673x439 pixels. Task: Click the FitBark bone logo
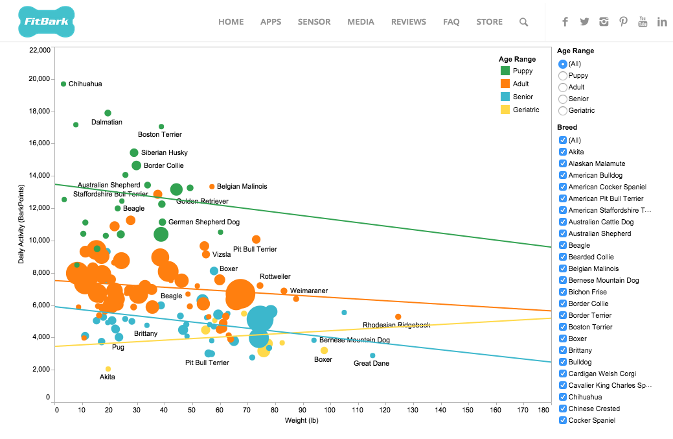(x=47, y=21)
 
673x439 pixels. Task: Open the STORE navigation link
(x=489, y=21)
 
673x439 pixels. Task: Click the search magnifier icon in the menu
(x=523, y=22)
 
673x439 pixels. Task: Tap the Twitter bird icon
(x=584, y=21)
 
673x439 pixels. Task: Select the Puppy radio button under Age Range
(x=563, y=76)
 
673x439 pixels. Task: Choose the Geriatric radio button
(x=563, y=111)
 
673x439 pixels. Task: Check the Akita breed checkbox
(x=562, y=152)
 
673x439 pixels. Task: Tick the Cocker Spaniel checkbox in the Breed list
(x=562, y=421)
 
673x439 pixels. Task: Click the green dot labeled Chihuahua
(x=63, y=84)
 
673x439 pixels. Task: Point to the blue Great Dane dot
(x=372, y=355)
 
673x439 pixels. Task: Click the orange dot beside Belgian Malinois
(x=212, y=187)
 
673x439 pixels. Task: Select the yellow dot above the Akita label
(x=108, y=369)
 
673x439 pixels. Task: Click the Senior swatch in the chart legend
(x=505, y=97)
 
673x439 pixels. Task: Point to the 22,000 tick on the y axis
(x=40, y=49)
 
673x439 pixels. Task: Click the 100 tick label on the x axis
(x=330, y=410)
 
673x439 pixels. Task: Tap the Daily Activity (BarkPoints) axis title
(x=21, y=224)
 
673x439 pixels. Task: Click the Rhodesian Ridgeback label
(x=396, y=325)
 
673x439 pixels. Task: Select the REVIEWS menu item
(x=408, y=21)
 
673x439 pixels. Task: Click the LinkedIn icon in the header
(x=661, y=21)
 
